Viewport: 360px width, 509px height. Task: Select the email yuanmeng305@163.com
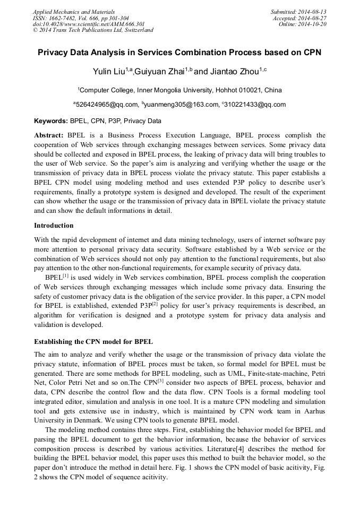(181, 105)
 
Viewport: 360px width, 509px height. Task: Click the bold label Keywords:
(50, 120)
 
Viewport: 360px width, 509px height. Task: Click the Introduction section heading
(54, 226)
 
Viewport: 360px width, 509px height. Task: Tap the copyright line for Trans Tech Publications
(93, 30)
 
